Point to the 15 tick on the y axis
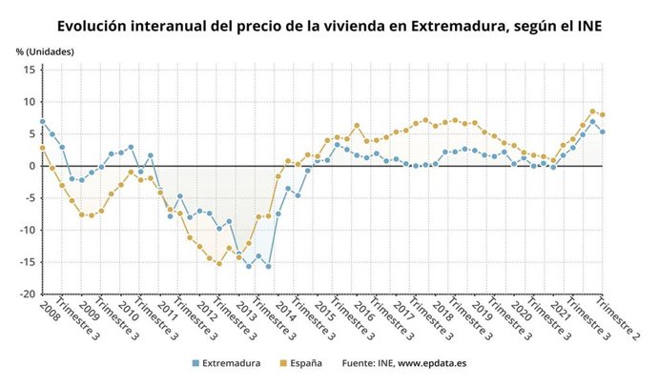(29, 70)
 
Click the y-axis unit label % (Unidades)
(45, 49)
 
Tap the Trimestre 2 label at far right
(619, 323)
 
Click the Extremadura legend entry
(232, 363)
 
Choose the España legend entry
(305, 363)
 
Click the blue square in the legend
(195, 363)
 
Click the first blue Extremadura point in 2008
(42, 121)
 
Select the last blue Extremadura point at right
(603, 132)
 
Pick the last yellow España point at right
(603, 114)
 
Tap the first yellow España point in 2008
(42, 148)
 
